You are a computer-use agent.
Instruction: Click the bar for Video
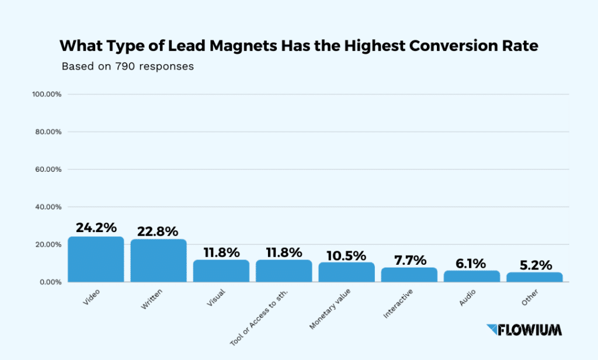pyautogui.click(x=96, y=259)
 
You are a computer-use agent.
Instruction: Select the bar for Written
pyautogui.click(x=158, y=261)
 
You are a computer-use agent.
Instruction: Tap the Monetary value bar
pyautogui.click(x=346, y=272)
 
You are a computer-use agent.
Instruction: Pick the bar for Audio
pyautogui.click(x=472, y=276)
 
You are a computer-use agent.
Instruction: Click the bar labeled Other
pyautogui.click(x=534, y=277)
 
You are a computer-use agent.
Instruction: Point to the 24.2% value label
pyautogui.click(x=96, y=228)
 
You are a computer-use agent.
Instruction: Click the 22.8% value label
pyautogui.click(x=158, y=231)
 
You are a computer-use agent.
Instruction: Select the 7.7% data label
pyautogui.click(x=409, y=260)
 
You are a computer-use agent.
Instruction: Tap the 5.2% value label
pyautogui.click(x=534, y=265)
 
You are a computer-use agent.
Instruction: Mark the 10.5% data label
pyautogui.click(x=346, y=255)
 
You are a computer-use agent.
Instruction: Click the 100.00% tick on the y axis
pyautogui.click(x=48, y=94)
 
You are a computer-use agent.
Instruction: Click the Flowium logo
pyautogui.click(x=524, y=330)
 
